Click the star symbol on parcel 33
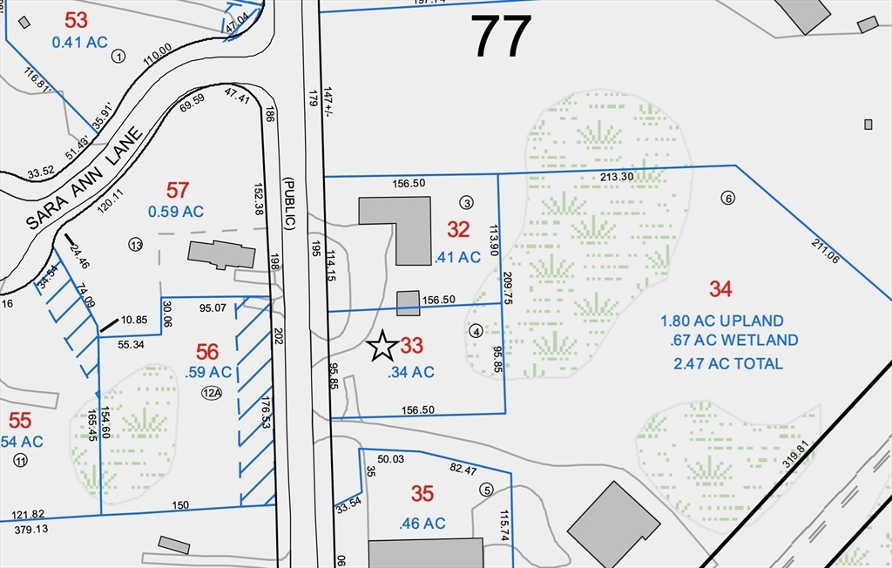(x=382, y=346)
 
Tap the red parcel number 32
(x=458, y=229)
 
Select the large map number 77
(x=502, y=36)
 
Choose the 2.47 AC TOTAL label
(x=727, y=363)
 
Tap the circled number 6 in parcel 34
(x=728, y=198)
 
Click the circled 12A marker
(x=212, y=393)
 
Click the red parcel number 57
(x=177, y=189)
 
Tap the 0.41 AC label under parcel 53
(x=79, y=41)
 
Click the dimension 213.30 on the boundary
(x=617, y=177)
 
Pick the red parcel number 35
(x=422, y=494)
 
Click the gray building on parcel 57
(x=221, y=254)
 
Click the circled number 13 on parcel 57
(x=134, y=244)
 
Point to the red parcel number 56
(x=207, y=351)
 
